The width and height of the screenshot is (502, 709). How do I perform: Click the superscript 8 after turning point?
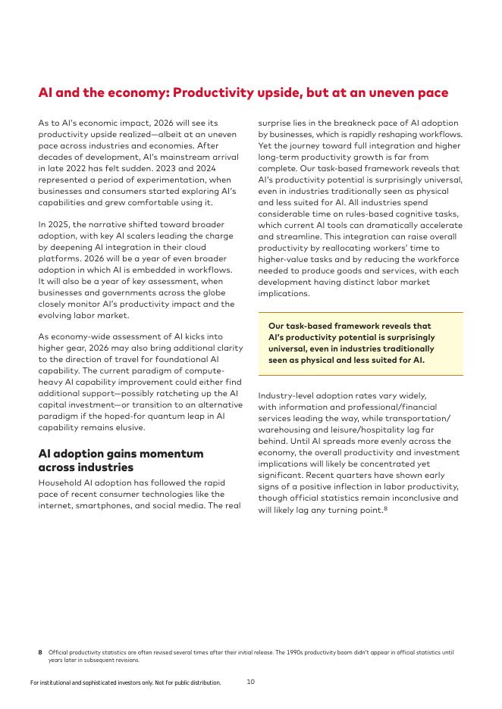385,508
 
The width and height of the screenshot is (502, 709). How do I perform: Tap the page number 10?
250,682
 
